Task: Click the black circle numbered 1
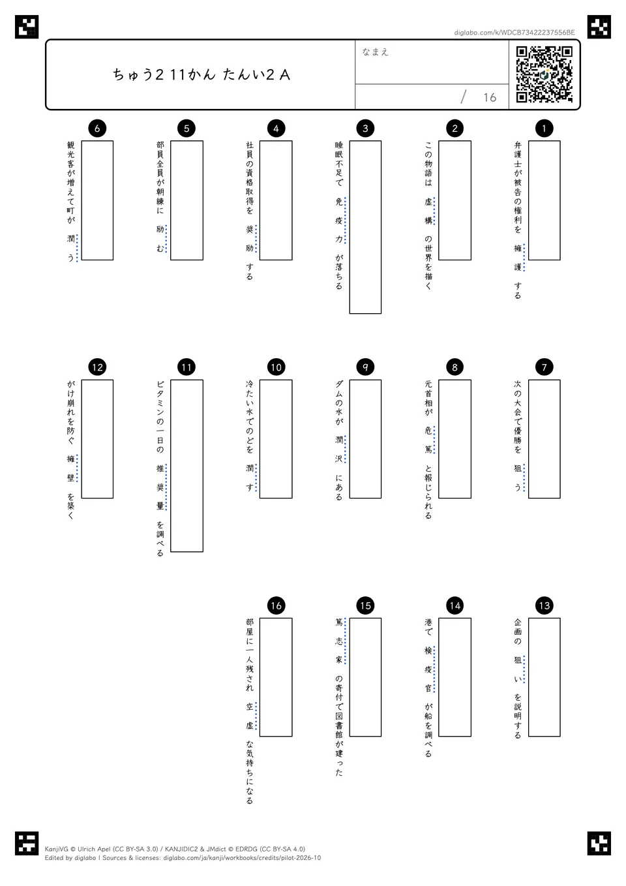point(544,128)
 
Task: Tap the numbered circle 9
point(365,367)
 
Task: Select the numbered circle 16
point(276,605)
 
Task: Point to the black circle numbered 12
point(97,367)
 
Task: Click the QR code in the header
point(544,74)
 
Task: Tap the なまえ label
point(375,52)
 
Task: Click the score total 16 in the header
point(490,97)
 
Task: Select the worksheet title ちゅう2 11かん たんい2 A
point(201,74)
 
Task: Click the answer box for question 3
point(365,227)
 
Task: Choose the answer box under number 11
point(186,466)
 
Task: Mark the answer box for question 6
point(97,200)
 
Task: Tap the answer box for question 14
point(455,677)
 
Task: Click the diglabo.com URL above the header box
point(514,33)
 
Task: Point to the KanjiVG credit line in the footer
point(175,849)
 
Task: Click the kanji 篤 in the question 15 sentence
point(338,622)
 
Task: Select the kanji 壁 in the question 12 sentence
point(70,478)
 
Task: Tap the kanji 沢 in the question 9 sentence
point(338,459)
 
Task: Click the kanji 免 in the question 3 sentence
point(338,202)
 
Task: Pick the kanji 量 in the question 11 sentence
point(160,506)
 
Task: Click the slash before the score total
point(464,97)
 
